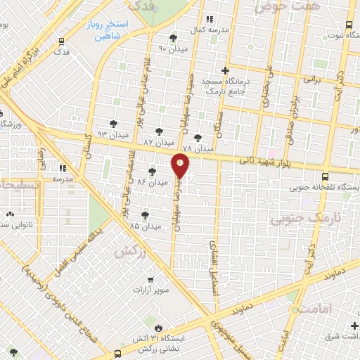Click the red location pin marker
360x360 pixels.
tap(181, 166)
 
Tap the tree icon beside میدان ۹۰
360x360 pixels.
tap(173, 38)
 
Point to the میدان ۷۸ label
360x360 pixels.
tap(197, 149)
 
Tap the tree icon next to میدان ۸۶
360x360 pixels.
tap(152, 172)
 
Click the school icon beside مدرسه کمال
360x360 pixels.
tap(209, 19)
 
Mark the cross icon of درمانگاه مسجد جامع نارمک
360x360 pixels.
tap(224, 70)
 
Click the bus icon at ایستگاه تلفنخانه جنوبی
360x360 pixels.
tap(325, 177)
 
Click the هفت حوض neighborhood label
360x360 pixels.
tap(282, 6)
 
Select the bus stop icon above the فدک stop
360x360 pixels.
tap(61, 41)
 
